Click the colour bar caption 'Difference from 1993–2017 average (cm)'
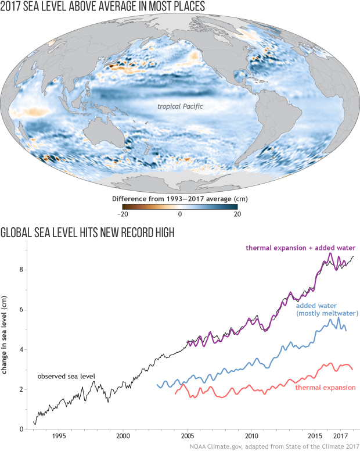[x=180, y=198]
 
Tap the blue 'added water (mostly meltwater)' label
[x=326, y=309]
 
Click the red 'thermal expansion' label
[x=325, y=387]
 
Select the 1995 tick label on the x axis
[x=58, y=435]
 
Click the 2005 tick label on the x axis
[x=187, y=435]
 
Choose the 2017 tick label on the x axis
[x=341, y=435]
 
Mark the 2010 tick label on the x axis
[x=251, y=435]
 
